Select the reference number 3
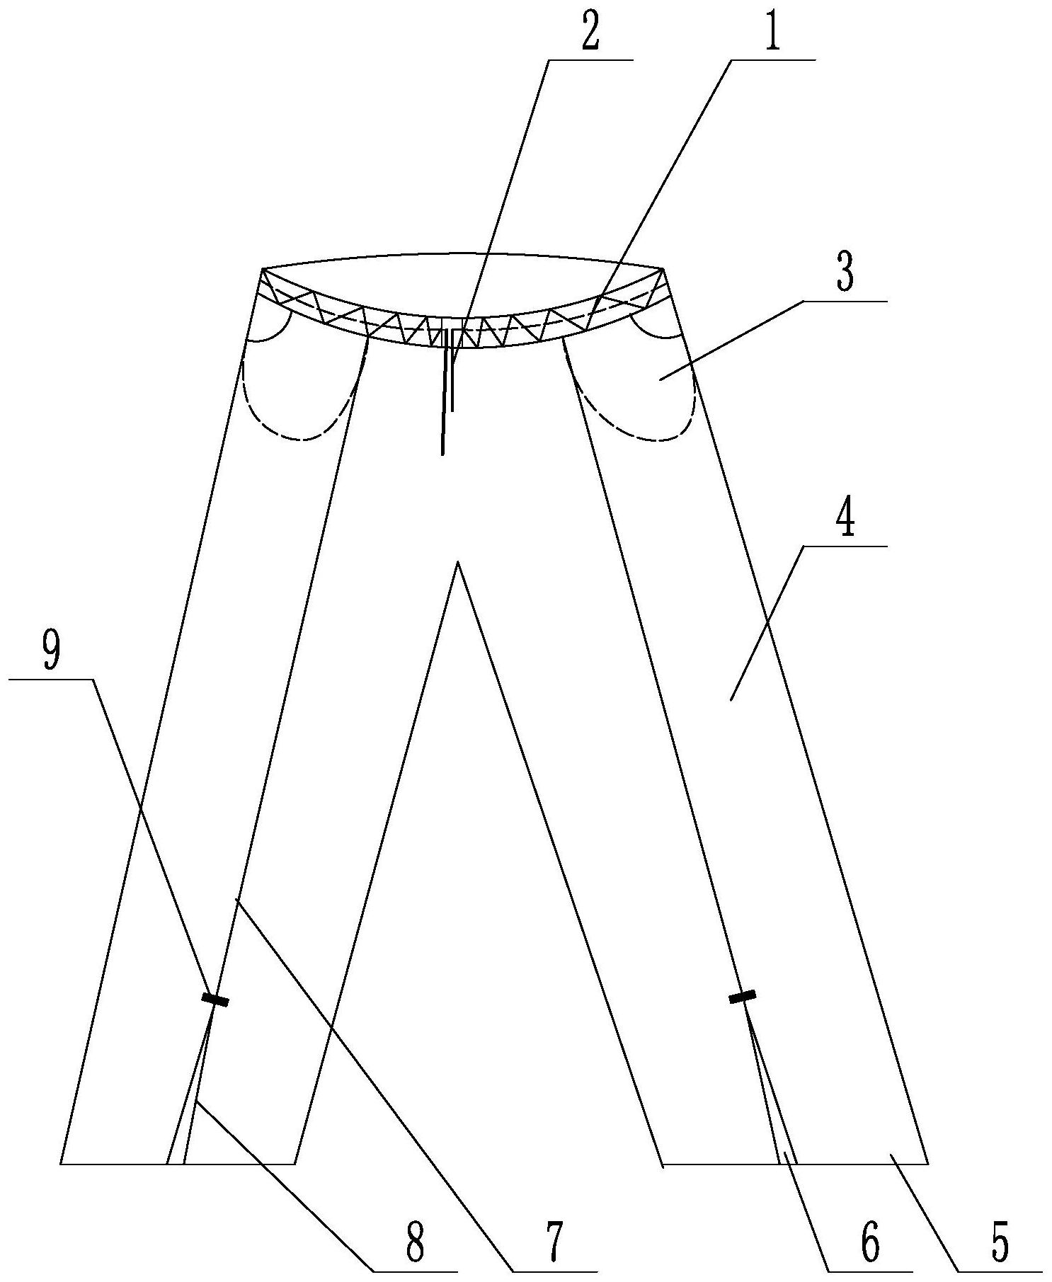point(845,275)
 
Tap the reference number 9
point(51,653)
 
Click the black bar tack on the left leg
point(215,1000)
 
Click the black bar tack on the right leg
point(742,997)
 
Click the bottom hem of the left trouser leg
point(177,1163)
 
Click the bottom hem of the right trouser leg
point(793,1163)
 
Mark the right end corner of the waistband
point(663,270)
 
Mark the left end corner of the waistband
point(263,270)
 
